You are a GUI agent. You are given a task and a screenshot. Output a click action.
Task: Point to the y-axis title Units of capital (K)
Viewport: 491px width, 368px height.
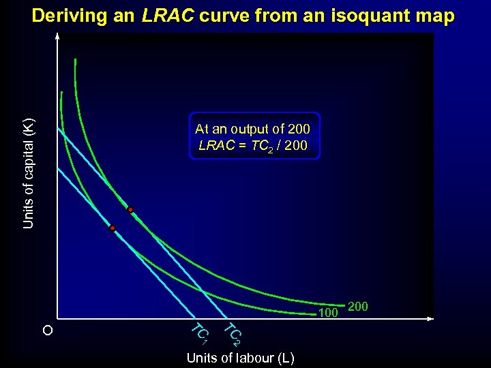click(x=28, y=173)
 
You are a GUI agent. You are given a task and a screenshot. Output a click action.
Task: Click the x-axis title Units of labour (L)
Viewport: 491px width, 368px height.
click(x=241, y=358)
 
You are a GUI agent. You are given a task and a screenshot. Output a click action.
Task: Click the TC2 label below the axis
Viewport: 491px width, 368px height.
click(x=233, y=333)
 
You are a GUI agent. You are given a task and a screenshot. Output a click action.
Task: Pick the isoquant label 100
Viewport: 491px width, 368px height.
click(x=329, y=313)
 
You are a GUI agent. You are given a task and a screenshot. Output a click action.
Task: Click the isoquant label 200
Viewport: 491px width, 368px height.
click(x=358, y=307)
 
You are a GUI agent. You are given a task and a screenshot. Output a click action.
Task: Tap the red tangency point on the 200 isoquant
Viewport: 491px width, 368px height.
click(x=130, y=209)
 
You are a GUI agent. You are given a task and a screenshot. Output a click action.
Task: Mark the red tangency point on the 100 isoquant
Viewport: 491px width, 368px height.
click(x=113, y=228)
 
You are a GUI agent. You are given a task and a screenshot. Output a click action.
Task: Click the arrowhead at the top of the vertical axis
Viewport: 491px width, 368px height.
click(x=58, y=35)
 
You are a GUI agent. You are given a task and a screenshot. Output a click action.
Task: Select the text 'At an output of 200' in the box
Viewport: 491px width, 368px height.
click(x=252, y=129)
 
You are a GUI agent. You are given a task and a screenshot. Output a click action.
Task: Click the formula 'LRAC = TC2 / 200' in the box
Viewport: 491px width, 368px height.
click(x=252, y=146)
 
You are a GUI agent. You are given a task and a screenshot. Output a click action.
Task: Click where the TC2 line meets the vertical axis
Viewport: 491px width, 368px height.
click(x=59, y=127)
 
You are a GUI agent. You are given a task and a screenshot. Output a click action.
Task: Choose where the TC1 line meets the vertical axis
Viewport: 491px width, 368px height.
click(x=59, y=168)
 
